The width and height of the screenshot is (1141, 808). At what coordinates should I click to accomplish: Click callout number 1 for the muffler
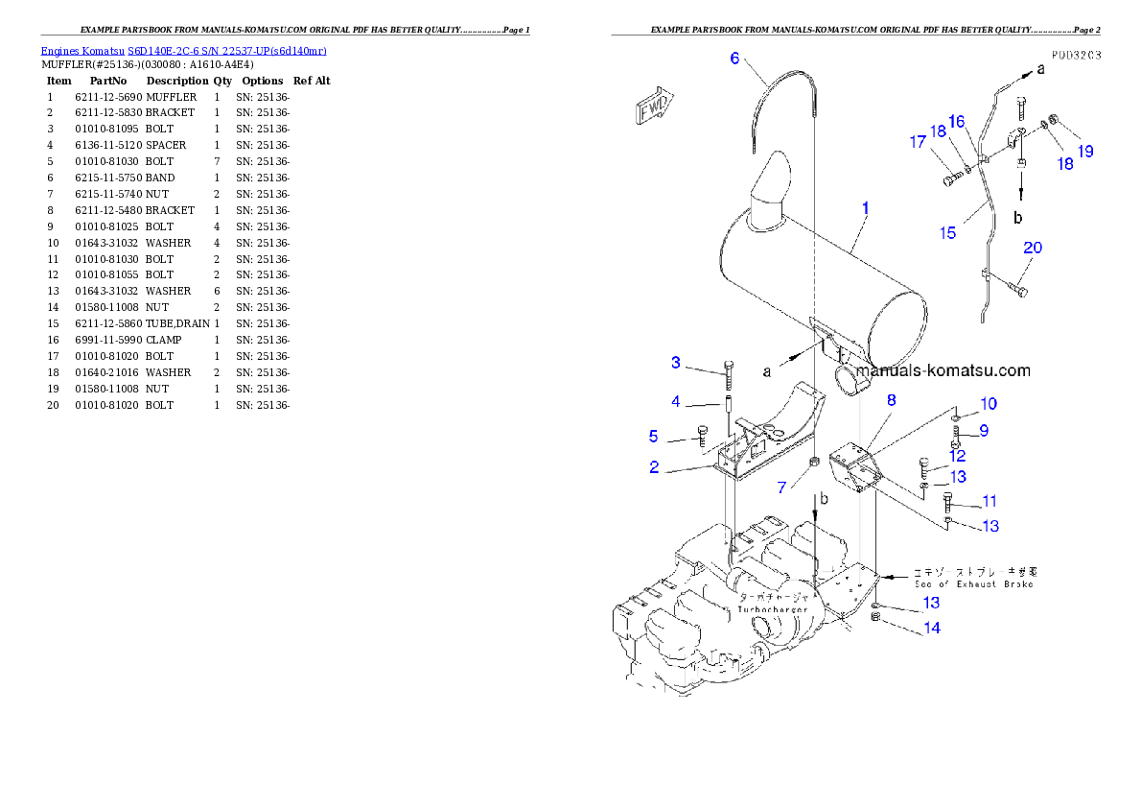coord(865,207)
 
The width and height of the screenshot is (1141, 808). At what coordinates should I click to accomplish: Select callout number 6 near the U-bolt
coord(734,59)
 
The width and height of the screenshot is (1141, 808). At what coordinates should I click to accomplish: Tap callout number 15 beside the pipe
coord(947,233)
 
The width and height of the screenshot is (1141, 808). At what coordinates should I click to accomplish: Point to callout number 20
coord(1032,248)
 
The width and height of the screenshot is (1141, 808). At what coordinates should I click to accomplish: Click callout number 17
coord(919,142)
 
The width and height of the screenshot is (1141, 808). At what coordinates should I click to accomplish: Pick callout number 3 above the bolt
coord(676,363)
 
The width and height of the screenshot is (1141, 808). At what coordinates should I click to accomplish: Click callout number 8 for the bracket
coord(891,400)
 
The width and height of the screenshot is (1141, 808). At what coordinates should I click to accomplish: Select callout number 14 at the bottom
coord(931,628)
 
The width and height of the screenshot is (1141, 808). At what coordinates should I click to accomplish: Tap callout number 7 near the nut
coord(781,487)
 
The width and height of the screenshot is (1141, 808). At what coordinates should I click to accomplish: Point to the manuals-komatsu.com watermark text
coord(943,370)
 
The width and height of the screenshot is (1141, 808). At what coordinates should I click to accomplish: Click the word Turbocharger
coord(772,609)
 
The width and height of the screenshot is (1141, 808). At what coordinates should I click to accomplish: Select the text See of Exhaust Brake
coord(973,583)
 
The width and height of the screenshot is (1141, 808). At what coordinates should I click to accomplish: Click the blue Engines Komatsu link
coord(183,51)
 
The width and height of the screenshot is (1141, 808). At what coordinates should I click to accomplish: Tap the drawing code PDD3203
coord(1074,56)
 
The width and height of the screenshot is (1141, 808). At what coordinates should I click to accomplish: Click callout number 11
coord(989,501)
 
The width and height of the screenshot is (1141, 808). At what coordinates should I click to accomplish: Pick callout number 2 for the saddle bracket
coord(654,467)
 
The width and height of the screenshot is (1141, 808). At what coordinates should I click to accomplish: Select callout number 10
coord(988,404)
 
